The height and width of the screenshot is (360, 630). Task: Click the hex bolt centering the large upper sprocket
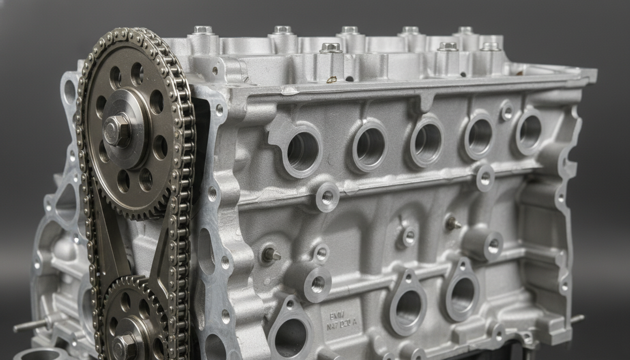pyautogui.click(x=116, y=130)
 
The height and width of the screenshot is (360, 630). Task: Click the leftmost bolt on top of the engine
pyautogui.click(x=202, y=30)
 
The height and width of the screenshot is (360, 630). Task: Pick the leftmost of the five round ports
pyautogui.click(x=302, y=150)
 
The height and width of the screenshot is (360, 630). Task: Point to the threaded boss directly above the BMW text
pyautogui.click(x=317, y=284)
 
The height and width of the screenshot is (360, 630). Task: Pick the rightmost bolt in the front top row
pyautogui.click(x=490, y=47)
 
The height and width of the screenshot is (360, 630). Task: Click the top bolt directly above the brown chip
pyautogui.click(x=330, y=47)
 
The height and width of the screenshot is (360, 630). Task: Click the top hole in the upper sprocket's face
pyautogui.click(x=137, y=73)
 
